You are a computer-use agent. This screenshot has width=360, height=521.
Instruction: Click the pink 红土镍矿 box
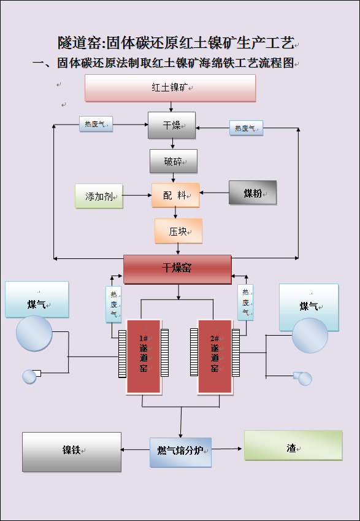(x=170, y=88)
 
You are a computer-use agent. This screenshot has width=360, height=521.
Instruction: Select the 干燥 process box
(x=172, y=125)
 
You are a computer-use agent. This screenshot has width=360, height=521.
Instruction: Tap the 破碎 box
(x=174, y=161)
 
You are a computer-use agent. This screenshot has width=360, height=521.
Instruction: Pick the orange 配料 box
(x=176, y=195)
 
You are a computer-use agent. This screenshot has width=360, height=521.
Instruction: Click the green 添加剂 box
(x=99, y=196)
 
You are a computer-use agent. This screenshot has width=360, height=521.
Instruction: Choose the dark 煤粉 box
(x=253, y=193)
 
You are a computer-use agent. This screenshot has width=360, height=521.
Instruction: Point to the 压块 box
(x=178, y=231)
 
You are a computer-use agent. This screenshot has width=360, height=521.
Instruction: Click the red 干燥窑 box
(x=177, y=269)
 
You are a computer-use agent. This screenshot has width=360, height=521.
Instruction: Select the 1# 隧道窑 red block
(x=144, y=357)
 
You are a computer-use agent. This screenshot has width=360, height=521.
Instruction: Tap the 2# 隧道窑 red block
(x=215, y=357)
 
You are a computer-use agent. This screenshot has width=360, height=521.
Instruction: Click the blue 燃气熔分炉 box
(x=180, y=452)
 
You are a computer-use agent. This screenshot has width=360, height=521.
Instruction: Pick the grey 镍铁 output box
(x=72, y=452)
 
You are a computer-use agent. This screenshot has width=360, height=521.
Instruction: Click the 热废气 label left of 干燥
(x=96, y=124)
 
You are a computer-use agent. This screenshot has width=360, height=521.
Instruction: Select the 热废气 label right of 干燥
(x=247, y=128)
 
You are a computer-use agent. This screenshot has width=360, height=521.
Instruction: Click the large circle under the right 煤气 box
(x=310, y=335)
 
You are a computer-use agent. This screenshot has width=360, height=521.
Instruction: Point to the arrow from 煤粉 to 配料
(x=214, y=193)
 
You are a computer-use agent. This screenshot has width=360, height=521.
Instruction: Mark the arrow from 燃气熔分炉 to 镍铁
(x=136, y=450)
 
